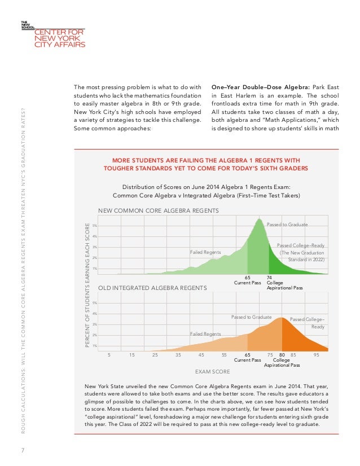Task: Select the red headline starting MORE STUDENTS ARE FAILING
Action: pyautogui.click(x=205, y=163)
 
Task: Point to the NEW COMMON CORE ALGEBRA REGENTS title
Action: pyautogui.click(x=158, y=210)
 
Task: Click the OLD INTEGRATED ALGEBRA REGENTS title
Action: pyautogui.click(x=153, y=288)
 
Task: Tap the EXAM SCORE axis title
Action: pyautogui.click(x=212, y=372)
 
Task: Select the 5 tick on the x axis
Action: pyautogui.click(x=109, y=355)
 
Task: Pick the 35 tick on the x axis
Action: pyautogui.click(x=178, y=355)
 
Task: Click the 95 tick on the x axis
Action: pyautogui.click(x=317, y=355)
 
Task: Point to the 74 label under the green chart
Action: pyautogui.click(x=270, y=278)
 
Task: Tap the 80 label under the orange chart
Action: pyautogui.click(x=282, y=355)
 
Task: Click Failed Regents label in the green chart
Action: pyautogui.click(x=205, y=252)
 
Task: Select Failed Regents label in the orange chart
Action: pyautogui.click(x=205, y=334)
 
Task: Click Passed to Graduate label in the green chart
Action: pyautogui.click(x=287, y=225)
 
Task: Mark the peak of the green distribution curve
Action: pyautogui.click(x=260, y=219)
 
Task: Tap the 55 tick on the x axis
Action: pyautogui.click(x=224, y=355)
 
